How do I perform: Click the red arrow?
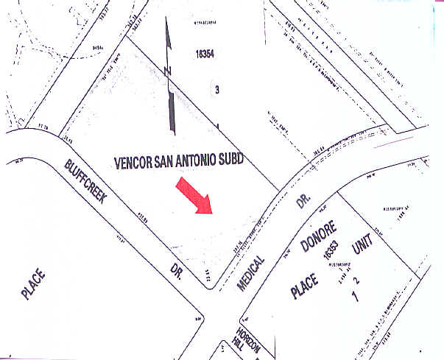tap(194, 197)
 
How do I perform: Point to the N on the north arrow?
tap(168, 71)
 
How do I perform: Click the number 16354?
tap(208, 54)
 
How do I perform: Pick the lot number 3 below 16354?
tap(216, 89)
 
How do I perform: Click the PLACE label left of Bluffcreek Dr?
tap(34, 284)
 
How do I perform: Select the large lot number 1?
tap(355, 297)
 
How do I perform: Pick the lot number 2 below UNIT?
tap(357, 280)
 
